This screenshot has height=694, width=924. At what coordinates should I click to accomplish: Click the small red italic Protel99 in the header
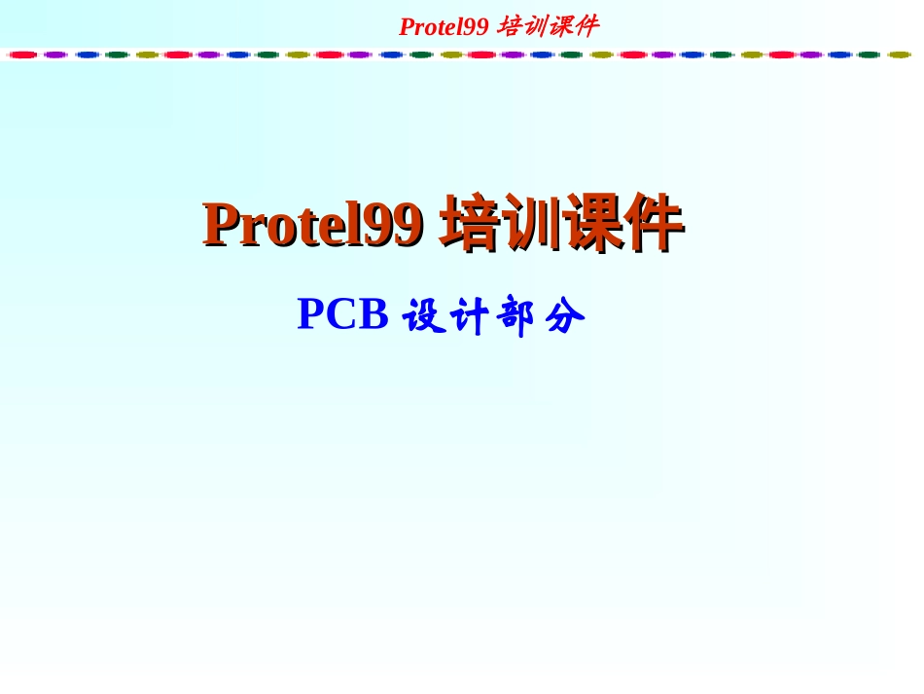click(444, 26)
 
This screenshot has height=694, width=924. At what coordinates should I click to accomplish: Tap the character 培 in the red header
click(510, 26)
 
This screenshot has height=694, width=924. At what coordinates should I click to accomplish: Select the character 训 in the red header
click(534, 26)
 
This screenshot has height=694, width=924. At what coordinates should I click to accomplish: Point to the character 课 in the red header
click(559, 26)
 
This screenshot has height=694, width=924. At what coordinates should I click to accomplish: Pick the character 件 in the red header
click(585, 26)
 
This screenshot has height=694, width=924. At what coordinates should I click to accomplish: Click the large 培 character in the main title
click(470, 223)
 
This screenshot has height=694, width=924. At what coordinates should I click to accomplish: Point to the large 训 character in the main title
click(530, 223)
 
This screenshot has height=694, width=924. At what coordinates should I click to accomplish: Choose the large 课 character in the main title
click(591, 223)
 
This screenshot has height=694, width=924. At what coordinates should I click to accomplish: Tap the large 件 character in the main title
click(653, 223)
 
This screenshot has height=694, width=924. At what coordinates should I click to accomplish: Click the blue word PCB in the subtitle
click(342, 314)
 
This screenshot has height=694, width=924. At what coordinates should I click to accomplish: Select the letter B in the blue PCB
click(374, 314)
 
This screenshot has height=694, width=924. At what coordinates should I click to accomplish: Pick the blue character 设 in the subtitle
click(424, 316)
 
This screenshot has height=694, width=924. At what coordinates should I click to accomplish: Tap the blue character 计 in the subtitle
click(471, 316)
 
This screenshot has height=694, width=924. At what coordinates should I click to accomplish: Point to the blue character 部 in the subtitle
click(516, 316)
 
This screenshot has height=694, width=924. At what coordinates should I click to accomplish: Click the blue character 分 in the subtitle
click(564, 316)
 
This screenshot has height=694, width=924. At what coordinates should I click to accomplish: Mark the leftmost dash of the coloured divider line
click(22, 55)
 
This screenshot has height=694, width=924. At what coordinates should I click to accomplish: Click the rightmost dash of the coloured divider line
click(899, 55)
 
